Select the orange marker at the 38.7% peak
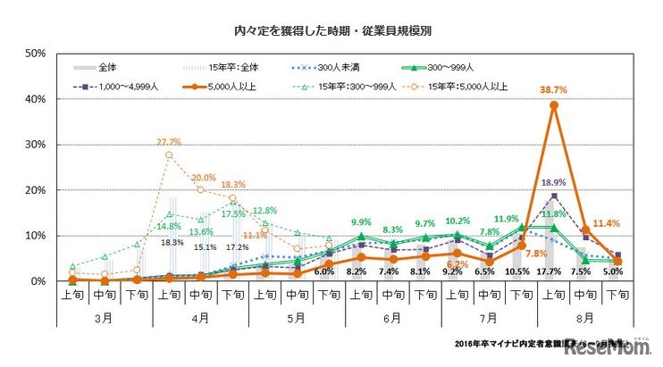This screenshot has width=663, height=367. click(554, 105)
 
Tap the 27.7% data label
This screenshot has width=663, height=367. click(169, 142)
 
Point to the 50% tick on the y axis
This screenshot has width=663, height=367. click(36, 54)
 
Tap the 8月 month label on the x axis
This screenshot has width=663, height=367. click(582, 317)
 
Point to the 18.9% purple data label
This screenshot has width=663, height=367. click(554, 183)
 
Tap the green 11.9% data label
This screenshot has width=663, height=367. click(507, 219)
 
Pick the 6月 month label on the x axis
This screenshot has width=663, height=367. click(390, 317)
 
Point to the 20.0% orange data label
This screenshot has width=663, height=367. click(203, 177)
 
